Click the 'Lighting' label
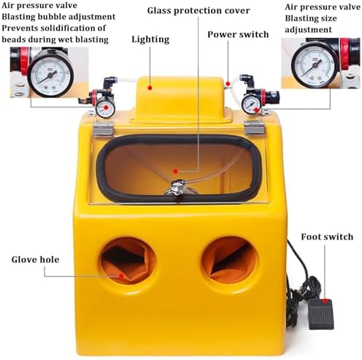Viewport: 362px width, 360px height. click(x=150, y=39)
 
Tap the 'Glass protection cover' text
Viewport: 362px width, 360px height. click(x=199, y=11)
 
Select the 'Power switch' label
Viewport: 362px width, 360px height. click(x=238, y=34)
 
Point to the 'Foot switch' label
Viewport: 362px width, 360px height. click(x=327, y=237)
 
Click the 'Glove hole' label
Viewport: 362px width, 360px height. click(x=35, y=259)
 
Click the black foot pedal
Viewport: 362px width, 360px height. click(x=320, y=314)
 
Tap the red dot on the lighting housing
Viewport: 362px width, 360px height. click(x=150, y=88)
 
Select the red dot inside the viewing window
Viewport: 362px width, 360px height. click(x=175, y=172)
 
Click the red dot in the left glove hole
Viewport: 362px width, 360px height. click(x=121, y=276)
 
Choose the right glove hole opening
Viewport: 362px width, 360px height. click(x=229, y=261)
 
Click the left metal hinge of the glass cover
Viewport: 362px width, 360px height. click(x=103, y=129)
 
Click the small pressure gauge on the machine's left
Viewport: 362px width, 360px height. click(x=105, y=107)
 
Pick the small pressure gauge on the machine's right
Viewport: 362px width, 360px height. click(x=251, y=104)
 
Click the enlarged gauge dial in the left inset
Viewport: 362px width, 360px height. click(x=50, y=74)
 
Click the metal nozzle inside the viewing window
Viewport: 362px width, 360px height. click(x=178, y=188)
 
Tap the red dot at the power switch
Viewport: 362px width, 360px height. click(x=228, y=84)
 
